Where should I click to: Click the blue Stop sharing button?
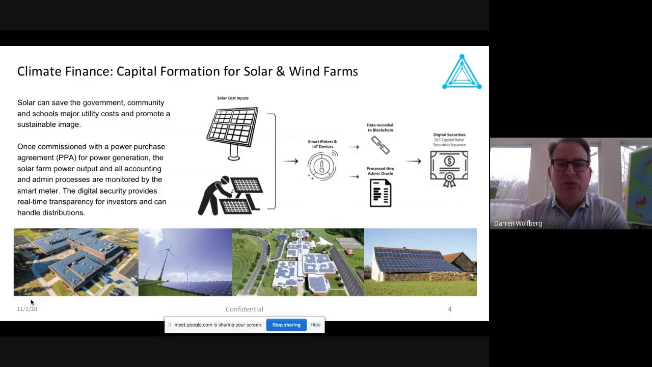click(286, 325)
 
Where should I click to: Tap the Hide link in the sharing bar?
click(315, 325)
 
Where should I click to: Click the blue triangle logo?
click(462, 72)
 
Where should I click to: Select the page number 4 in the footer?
click(450, 309)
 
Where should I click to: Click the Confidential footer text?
click(244, 309)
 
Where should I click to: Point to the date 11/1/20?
click(27, 309)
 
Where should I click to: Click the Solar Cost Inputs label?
click(233, 98)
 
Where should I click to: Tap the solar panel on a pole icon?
click(233, 133)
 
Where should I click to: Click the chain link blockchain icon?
click(381, 145)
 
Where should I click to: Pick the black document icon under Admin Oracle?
click(381, 193)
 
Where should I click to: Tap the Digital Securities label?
click(449, 135)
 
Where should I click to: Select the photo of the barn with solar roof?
click(420, 262)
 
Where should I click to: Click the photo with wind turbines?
click(185, 262)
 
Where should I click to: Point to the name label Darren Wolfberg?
click(518, 223)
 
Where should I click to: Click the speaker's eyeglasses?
click(569, 165)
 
